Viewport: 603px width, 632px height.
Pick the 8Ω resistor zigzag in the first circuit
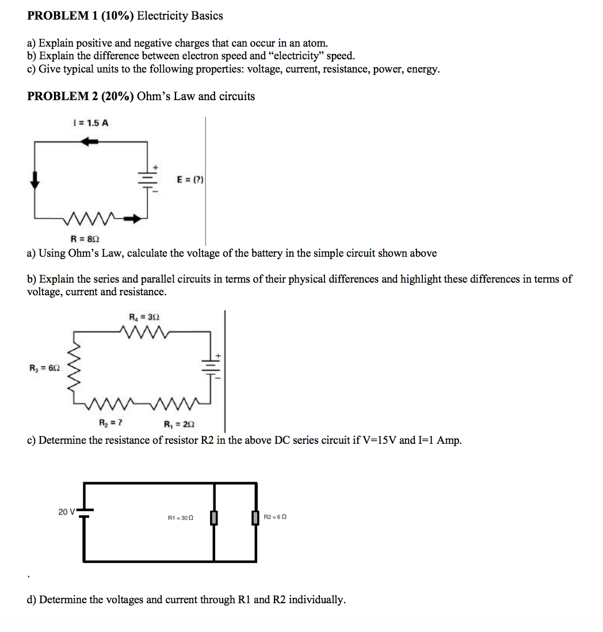click(x=92, y=218)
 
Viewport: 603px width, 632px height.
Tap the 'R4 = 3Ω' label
click(x=144, y=317)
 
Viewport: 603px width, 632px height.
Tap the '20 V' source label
click(x=67, y=511)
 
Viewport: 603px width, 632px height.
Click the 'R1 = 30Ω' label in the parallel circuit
click(x=180, y=518)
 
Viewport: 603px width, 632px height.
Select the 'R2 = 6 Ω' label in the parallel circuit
click(x=275, y=517)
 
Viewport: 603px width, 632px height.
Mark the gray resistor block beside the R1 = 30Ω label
click(x=214, y=518)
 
